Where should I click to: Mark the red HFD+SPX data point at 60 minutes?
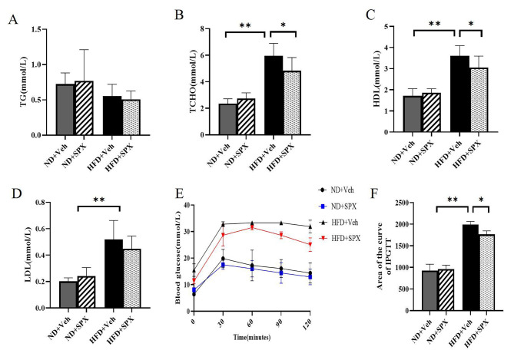[x=250, y=226]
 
